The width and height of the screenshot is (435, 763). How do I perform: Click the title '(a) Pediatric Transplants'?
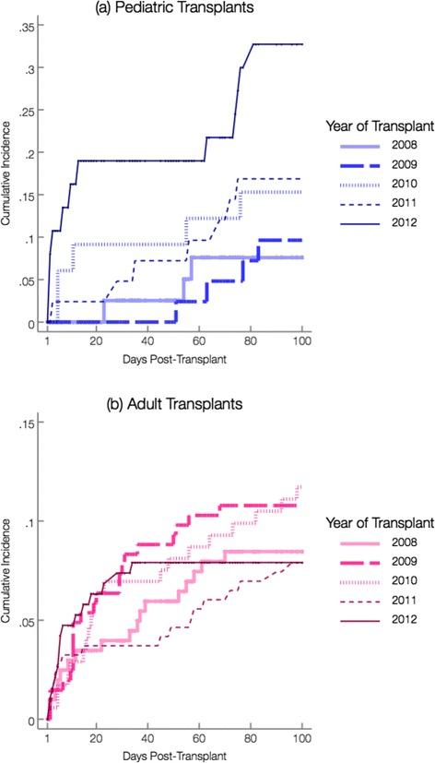175,8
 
